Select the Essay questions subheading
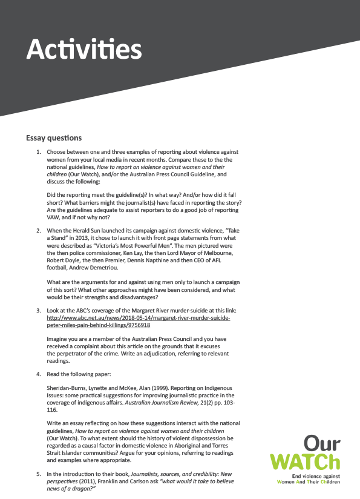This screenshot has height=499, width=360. [53, 138]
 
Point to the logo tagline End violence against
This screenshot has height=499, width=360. [319, 477]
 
